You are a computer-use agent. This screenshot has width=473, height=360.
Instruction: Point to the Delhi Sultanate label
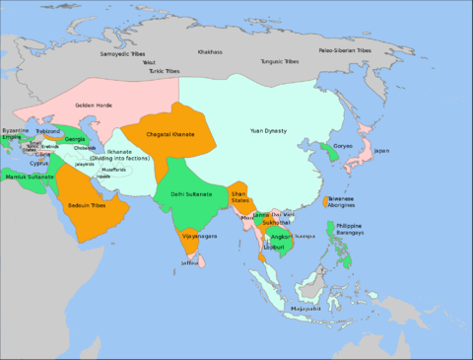click(190, 193)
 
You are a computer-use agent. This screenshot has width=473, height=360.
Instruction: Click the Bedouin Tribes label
click(97, 208)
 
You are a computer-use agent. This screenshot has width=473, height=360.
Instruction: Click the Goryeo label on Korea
click(343, 145)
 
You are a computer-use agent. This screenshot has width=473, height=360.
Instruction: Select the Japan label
click(381, 151)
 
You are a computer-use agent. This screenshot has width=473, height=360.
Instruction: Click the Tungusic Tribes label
click(277, 61)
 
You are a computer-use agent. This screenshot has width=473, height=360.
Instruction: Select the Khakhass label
click(211, 50)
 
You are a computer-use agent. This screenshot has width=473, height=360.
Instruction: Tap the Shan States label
click(239, 197)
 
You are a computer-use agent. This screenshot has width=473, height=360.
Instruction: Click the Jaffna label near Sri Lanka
click(190, 262)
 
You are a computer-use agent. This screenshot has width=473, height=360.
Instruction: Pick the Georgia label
click(75, 139)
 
